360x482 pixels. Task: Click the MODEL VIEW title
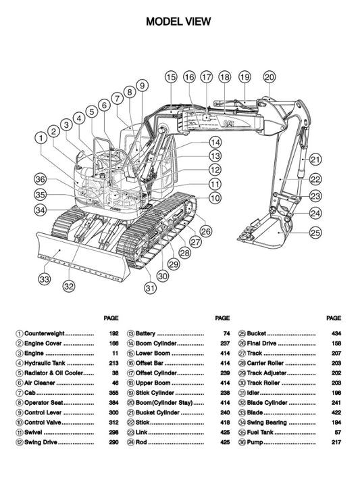tap(179, 22)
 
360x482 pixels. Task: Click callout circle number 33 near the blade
tap(45, 279)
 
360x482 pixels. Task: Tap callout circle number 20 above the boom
tap(269, 77)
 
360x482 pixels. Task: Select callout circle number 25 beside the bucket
tap(315, 233)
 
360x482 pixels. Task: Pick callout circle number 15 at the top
tap(170, 77)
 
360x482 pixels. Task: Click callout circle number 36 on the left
tap(41, 179)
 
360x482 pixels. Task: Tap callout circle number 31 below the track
tap(150, 288)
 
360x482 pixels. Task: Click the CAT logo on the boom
tap(229, 124)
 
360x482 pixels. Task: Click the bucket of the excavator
tap(267, 230)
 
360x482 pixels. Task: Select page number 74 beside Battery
tap(226, 334)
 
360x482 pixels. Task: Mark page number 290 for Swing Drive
tap(113, 443)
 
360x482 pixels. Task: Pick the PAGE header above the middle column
tap(222, 317)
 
